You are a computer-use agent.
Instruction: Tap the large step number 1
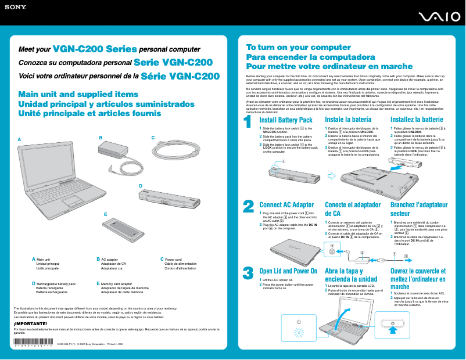248,123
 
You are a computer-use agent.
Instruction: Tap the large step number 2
248,207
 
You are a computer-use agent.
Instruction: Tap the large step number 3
248,272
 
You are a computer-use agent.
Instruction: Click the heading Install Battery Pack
286,120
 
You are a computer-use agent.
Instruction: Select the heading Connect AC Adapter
286,205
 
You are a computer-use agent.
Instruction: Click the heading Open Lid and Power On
288,271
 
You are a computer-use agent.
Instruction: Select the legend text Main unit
44,259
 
